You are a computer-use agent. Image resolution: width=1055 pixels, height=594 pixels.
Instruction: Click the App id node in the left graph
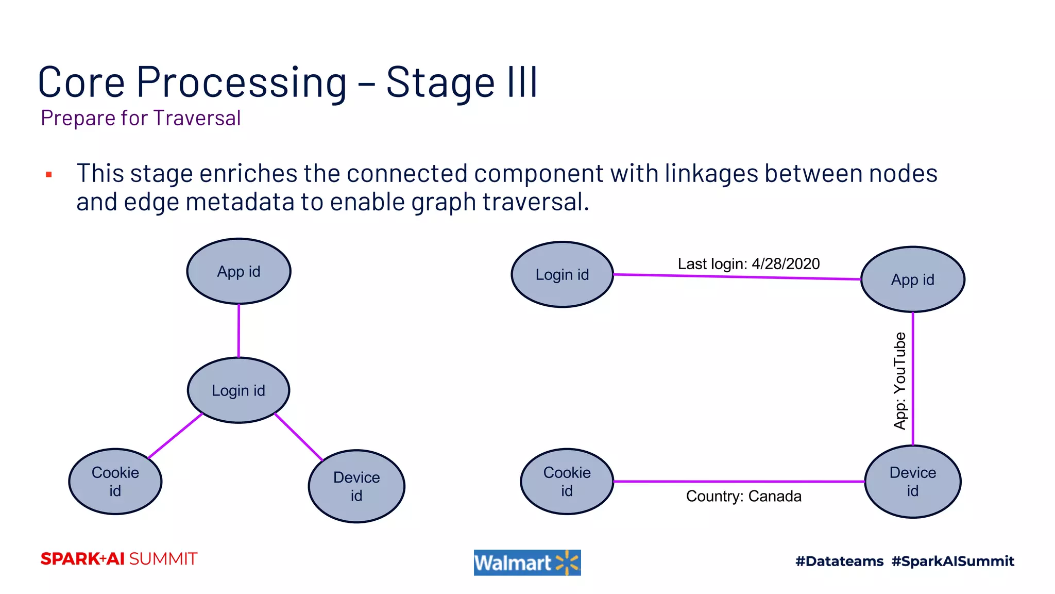239,271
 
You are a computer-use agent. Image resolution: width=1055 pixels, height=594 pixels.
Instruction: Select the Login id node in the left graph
239,390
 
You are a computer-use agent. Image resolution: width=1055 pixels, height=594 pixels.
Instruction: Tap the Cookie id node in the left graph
115,482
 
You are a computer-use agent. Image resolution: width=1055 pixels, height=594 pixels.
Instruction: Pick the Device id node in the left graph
356,486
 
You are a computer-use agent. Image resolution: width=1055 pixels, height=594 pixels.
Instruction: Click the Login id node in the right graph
562,274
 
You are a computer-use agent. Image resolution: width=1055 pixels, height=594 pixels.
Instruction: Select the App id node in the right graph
912,279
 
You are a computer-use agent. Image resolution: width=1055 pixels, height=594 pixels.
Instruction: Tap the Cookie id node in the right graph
567,482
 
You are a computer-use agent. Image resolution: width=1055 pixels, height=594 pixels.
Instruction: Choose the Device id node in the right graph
912,482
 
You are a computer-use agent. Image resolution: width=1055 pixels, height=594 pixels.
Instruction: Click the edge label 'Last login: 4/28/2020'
748,264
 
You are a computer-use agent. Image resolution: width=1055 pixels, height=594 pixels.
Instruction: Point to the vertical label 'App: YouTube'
899,381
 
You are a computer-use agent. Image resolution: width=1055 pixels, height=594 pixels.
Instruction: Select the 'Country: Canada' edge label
743,496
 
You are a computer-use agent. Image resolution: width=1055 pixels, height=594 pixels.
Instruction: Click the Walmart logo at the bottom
527,563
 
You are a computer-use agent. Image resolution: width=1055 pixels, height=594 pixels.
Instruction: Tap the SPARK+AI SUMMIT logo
119,559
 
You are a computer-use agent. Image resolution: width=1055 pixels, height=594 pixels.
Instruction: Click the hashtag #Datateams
839,561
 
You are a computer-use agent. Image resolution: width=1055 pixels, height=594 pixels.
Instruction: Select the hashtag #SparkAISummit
952,561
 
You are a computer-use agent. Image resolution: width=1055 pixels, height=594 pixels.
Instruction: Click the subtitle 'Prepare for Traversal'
141,118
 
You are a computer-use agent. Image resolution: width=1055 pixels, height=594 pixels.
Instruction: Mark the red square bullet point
49,175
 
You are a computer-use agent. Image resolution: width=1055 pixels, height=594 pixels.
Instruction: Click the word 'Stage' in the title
440,82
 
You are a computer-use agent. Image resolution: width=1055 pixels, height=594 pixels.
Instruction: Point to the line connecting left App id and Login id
239,331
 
